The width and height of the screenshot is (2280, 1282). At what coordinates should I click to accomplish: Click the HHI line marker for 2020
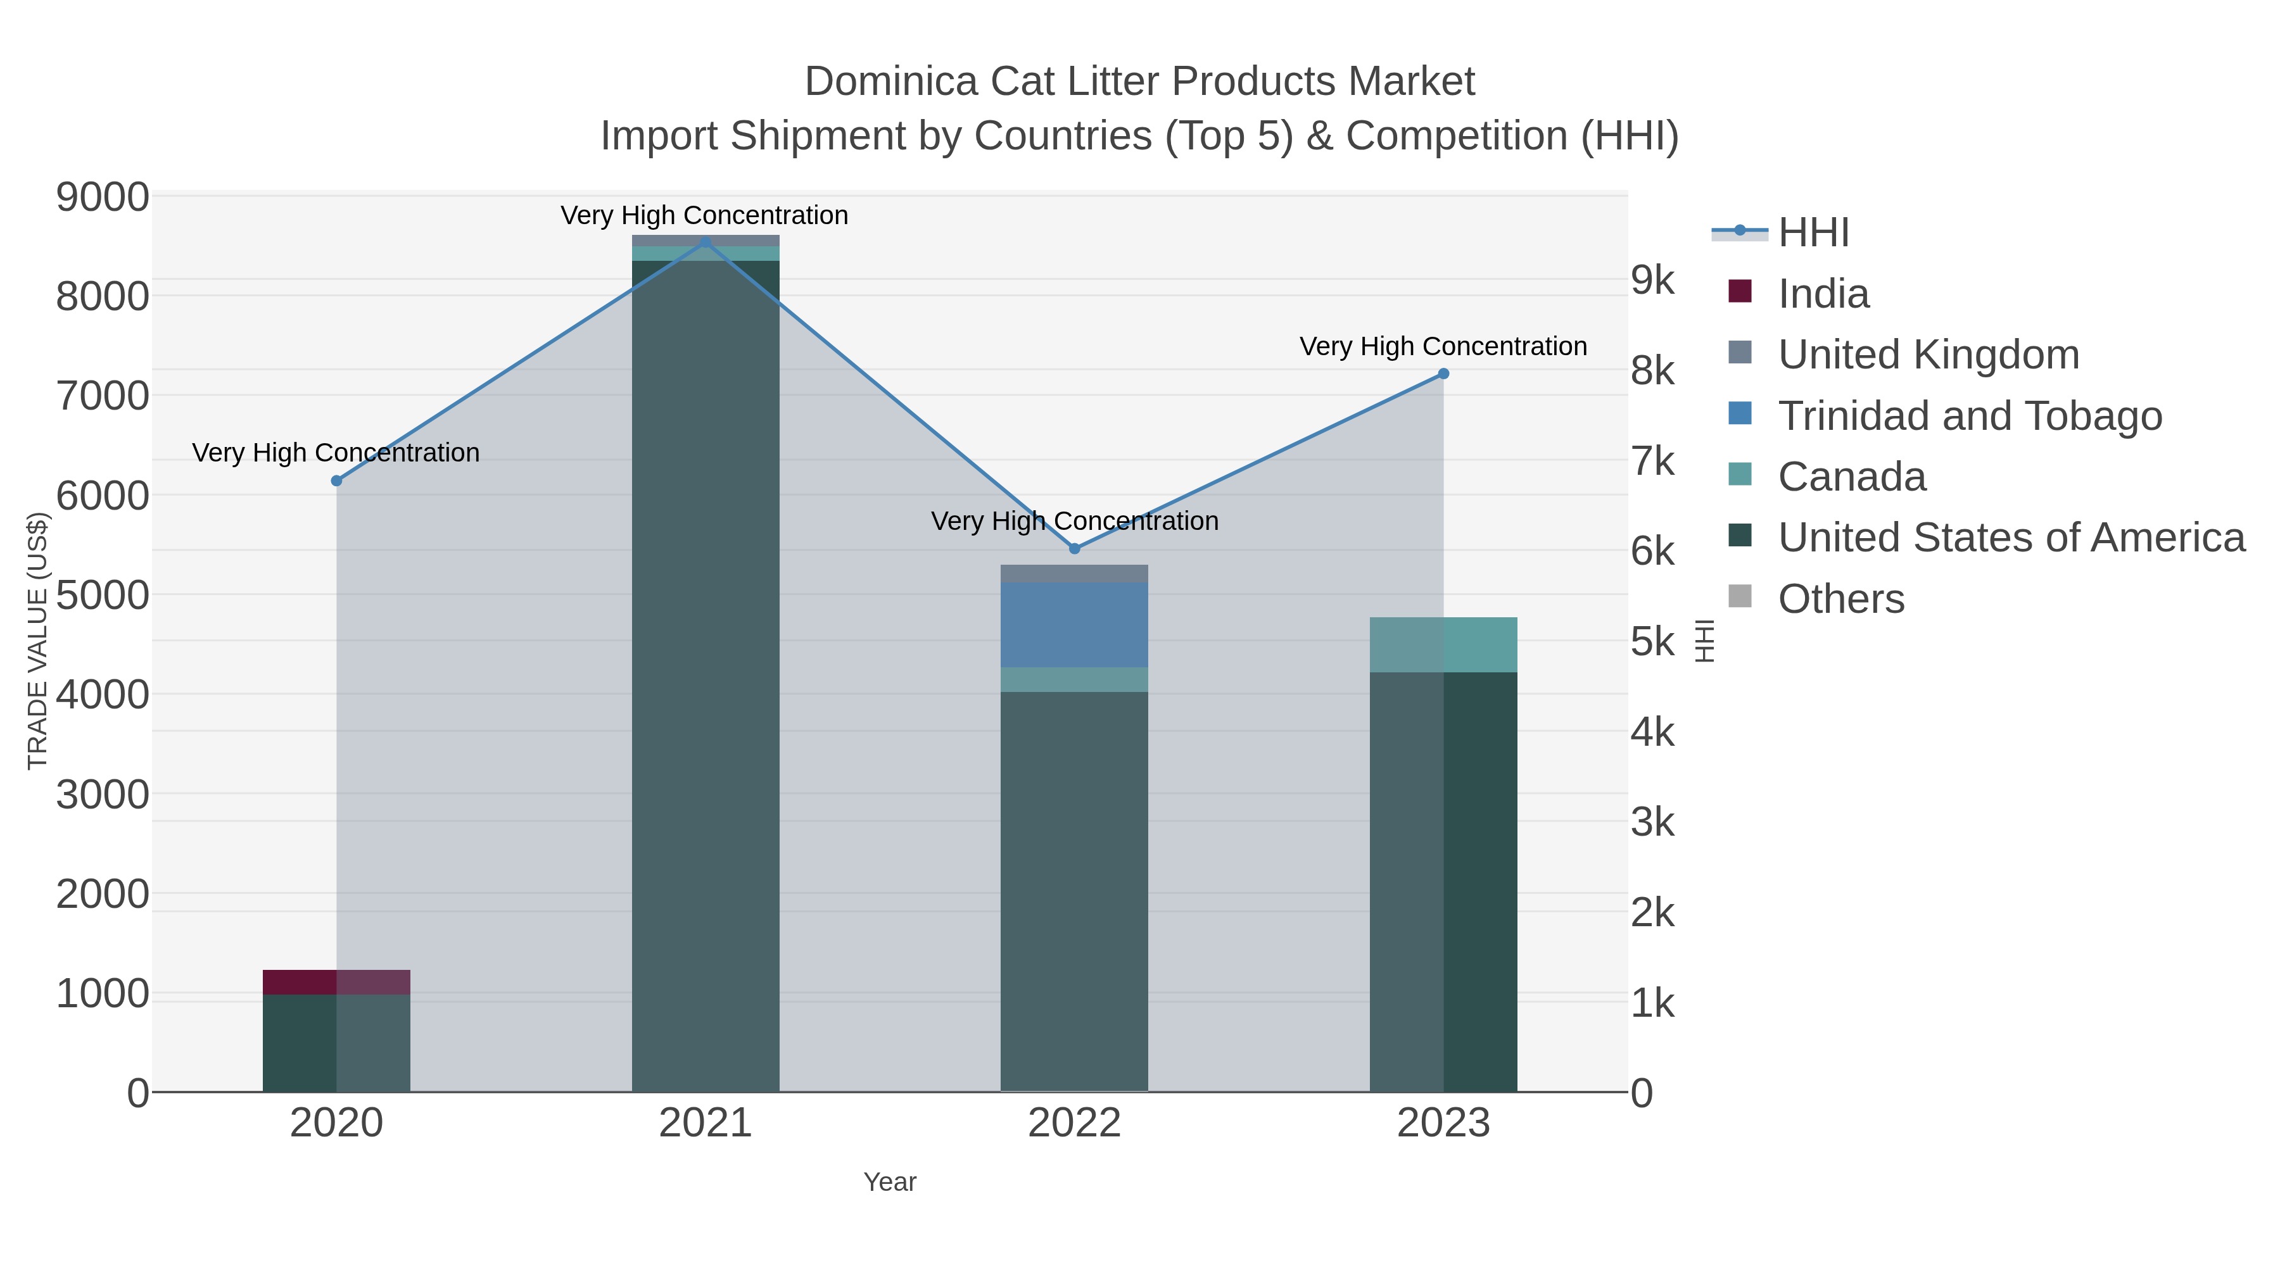click(x=336, y=481)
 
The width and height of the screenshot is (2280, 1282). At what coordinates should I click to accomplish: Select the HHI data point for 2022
click(x=1075, y=548)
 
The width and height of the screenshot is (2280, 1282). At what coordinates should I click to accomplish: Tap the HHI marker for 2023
click(x=1443, y=374)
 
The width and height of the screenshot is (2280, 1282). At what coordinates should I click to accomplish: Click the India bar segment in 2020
click(x=336, y=982)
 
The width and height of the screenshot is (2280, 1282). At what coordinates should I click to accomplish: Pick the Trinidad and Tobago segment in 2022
click(x=1075, y=625)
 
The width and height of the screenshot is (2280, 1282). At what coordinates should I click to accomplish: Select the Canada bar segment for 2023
click(x=1443, y=645)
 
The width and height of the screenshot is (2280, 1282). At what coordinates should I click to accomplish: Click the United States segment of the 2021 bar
click(x=706, y=672)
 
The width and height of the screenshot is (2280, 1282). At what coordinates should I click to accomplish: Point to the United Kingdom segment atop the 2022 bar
click(x=1075, y=574)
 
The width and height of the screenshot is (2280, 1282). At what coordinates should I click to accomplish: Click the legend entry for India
click(x=1823, y=294)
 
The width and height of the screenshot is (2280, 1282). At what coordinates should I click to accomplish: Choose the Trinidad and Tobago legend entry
click(x=1969, y=416)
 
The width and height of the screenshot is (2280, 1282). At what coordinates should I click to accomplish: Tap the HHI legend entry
click(x=1813, y=233)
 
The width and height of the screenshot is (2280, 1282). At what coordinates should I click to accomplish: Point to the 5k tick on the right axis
click(x=1652, y=643)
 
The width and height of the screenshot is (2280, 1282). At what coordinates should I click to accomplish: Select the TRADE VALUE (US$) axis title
click(x=37, y=641)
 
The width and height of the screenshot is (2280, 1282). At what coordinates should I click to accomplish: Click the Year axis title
click(x=890, y=1182)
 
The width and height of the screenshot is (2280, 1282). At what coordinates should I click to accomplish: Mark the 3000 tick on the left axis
click(x=102, y=795)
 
